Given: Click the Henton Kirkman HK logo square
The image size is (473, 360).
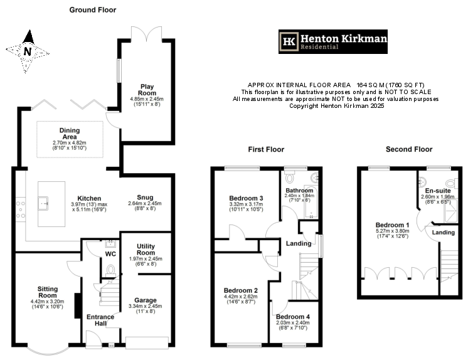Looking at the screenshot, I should (290, 41).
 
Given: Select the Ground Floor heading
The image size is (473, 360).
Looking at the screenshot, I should (92, 10).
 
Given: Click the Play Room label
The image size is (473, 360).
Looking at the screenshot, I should (147, 89).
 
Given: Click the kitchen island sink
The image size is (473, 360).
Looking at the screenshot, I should (46, 202).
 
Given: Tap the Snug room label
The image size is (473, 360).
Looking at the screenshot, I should (145, 196).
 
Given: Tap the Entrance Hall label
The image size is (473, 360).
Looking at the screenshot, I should (100, 320).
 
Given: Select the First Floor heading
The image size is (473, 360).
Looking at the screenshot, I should (266, 150).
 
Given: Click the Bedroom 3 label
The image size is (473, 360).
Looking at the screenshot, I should (246, 199).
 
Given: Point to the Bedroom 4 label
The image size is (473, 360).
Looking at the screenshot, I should (293, 317).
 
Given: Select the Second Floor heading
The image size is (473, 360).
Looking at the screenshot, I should (410, 150).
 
